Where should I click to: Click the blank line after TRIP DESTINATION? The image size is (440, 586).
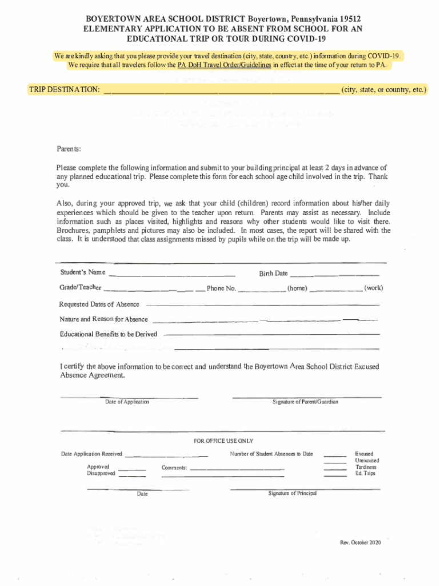pos(221,91)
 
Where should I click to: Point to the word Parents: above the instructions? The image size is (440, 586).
pos(69,149)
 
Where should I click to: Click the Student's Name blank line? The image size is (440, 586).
pos(171,273)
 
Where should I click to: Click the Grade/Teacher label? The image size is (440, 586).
pos(80,287)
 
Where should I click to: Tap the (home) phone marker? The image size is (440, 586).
pos(297,288)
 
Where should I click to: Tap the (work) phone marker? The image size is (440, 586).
pos(373,288)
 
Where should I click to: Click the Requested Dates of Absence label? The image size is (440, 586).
pos(99,304)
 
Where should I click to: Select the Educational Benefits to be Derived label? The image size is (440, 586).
pos(108,334)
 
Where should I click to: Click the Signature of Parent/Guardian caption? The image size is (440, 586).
pos(305,402)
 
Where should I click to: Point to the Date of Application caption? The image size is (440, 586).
pos(127,402)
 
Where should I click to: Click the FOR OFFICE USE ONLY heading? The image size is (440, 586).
pos(223,441)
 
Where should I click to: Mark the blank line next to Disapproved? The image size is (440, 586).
pos(132,475)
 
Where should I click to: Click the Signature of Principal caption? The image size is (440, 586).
pos(292,493)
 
